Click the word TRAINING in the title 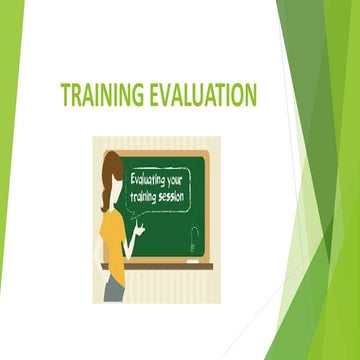101,96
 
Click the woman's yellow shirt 112,240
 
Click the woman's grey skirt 114,289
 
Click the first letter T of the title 65,96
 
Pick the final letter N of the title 250,96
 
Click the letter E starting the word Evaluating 134,181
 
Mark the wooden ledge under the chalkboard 175,266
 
